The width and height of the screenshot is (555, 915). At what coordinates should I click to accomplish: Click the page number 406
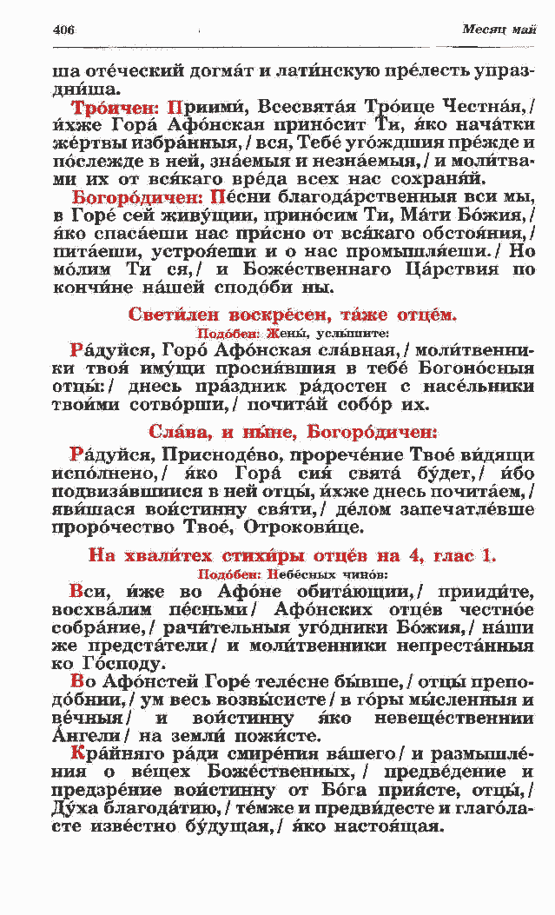(x=63, y=30)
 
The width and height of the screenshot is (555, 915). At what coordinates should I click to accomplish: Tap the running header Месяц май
(x=499, y=30)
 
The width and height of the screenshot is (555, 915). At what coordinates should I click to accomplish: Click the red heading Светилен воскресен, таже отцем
(x=292, y=314)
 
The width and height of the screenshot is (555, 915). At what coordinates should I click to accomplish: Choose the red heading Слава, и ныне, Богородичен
(x=292, y=432)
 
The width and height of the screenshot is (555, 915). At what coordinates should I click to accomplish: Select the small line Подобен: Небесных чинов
(x=292, y=574)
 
